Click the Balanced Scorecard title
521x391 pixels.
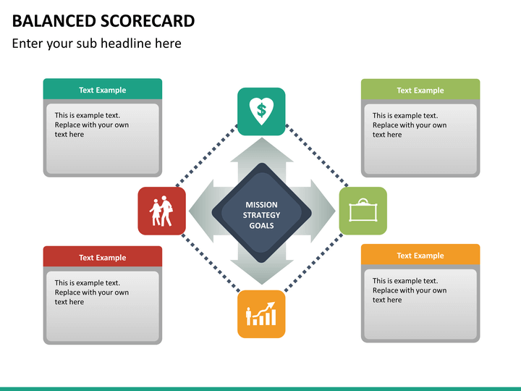pyautogui.click(x=103, y=21)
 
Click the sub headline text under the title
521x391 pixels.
pyautogui.click(x=97, y=43)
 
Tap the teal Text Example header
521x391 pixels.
pyautogui.click(x=103, y=90)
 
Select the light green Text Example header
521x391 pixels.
pyautogui.click(x=420, y=90)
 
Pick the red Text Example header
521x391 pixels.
pyautogui.click(x=103, y=257)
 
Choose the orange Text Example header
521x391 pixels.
pyautogui.click(x=420, y=256)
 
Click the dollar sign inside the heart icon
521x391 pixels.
pyautogui.click(x=261, y=110)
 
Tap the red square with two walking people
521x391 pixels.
pyautogui.click(x=162, y=211)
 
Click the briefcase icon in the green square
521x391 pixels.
pyautogui.click(x=363, y=211)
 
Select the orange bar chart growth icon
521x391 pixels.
pyautogui.click(x=261, y=314)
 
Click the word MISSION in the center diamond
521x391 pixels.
pyautogui.click(x=261, y=205)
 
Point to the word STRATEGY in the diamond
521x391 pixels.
pyautogui.click(x=261, y=215)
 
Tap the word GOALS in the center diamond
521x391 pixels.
pyautogui.click(x=261, y=225)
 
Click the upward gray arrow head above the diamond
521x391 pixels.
pyautogui.click(x=262, y=151)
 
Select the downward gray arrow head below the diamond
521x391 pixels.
pyautogui.click(x=262, y=272)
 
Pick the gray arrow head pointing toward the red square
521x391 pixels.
pyautogui.click(x=201, y=211)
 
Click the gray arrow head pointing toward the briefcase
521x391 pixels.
pyautogui.click(x=323, y=211)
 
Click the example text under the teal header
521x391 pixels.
pyautogui.click(x=92, y=125)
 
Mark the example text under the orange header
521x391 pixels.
pyautogui.click(x=410, y=290)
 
